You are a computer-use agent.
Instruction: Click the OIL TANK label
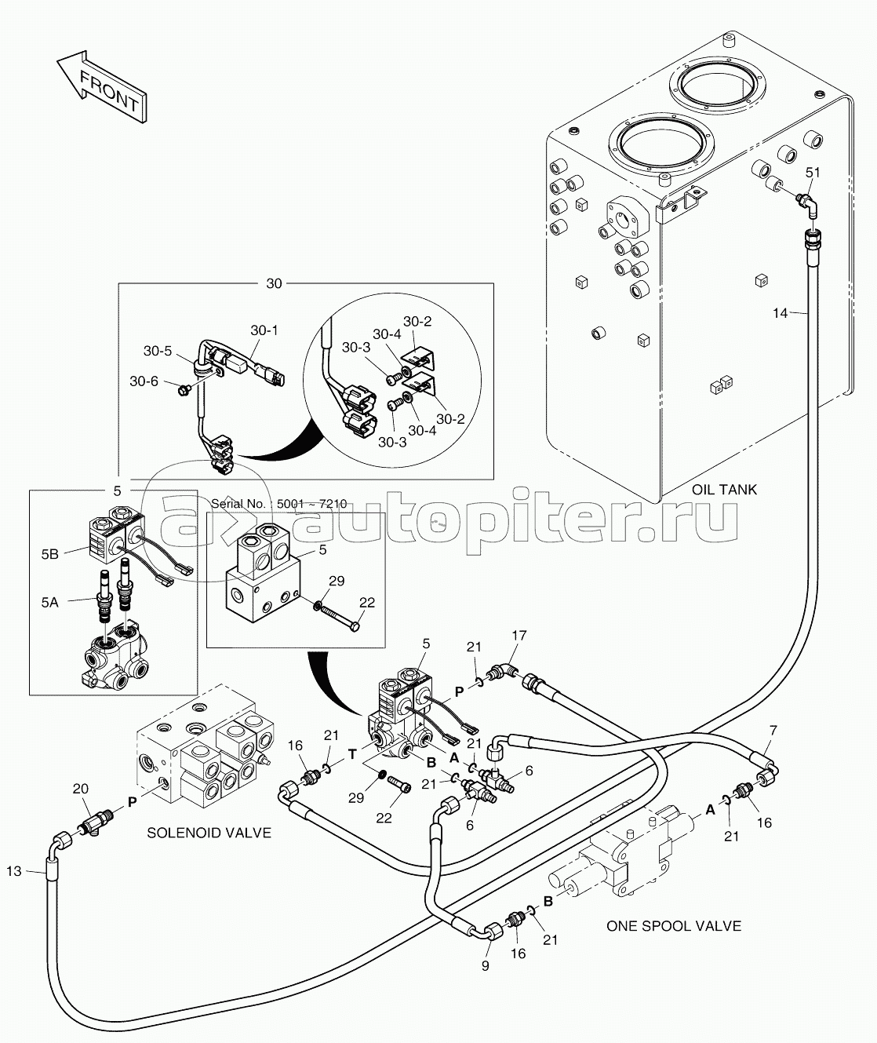click(724, 490)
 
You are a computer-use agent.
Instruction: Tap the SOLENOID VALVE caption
click(209, 833)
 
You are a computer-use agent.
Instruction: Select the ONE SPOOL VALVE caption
click(673, 926)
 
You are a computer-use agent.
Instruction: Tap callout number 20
click(80, 790)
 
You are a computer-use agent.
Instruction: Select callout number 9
click(485, 966)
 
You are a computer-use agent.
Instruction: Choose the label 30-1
click(264, 331)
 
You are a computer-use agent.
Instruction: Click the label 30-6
click(144, 381)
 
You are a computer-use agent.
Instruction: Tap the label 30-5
click(157, 351)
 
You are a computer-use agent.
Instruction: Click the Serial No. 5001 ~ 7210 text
click(279, 503)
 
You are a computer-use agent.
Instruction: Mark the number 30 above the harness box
click(273, 284)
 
